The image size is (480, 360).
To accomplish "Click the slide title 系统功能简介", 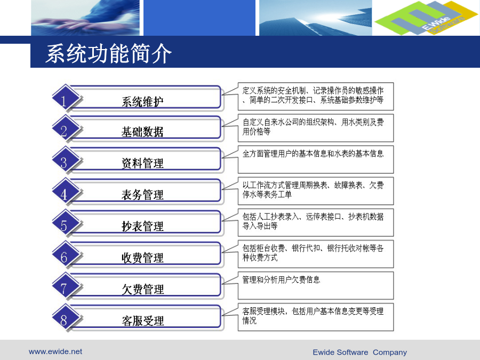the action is [109, 53].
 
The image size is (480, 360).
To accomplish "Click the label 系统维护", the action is [142, 102].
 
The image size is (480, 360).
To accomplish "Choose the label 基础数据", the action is [142, 132].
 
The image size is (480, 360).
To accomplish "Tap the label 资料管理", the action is [142, 163].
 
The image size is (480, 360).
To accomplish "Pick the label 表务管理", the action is [142, 195].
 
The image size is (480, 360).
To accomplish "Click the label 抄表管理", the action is [142, 226].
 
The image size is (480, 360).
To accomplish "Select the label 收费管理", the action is [142, 258].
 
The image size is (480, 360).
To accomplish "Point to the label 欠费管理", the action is [142, 289].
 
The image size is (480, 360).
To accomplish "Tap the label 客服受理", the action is [142, 321].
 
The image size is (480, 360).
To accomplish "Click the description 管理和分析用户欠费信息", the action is [281, 279].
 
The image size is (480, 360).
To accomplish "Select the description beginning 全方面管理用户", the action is [313, 154].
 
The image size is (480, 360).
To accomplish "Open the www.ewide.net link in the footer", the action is [55, 351].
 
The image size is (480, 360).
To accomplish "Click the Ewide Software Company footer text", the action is [359, 353].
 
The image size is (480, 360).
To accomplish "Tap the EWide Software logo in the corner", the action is [426, 18].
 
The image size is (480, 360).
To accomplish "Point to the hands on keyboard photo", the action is [85, 18].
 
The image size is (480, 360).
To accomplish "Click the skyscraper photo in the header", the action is [316, 18].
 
